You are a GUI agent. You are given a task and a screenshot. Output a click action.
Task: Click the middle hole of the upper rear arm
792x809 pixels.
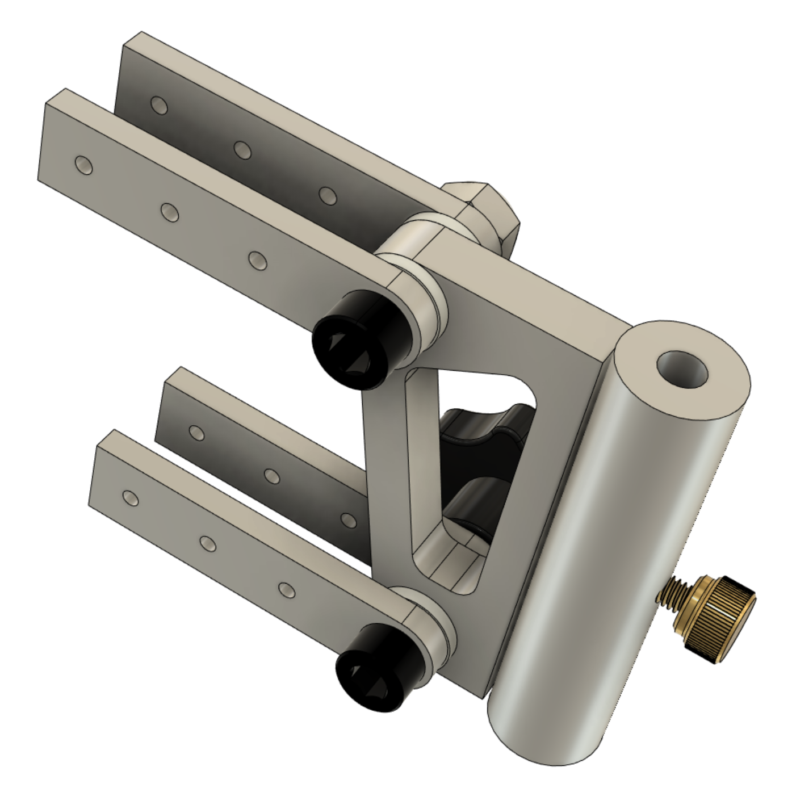[242, 150]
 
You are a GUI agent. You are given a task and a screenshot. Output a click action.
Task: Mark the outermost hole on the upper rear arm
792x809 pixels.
[159, 105]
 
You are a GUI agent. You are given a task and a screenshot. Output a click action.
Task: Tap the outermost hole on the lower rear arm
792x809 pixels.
[197, 433]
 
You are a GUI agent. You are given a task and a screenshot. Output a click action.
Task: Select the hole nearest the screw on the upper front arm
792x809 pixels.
[257, 260]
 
